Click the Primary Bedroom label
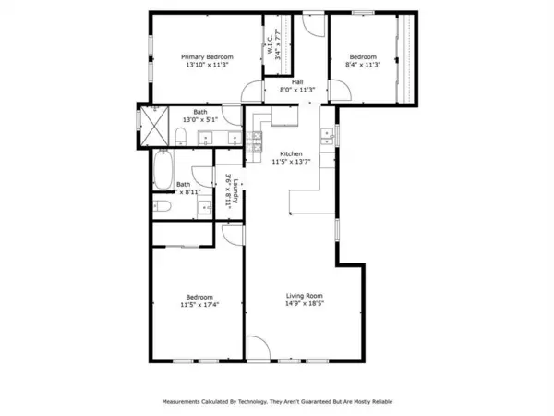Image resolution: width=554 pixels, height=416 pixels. pos(207,57)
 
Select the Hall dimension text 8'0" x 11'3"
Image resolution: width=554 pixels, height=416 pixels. pos(297,90)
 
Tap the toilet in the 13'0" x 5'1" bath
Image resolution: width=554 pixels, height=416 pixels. pos(182,139)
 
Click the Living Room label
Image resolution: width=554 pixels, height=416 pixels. pos(304,295)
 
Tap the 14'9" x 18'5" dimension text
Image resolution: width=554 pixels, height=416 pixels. pos(304,303)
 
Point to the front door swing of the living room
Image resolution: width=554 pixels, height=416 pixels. pos(259,349)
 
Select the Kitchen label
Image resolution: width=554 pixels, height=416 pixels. pos(292,153)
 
